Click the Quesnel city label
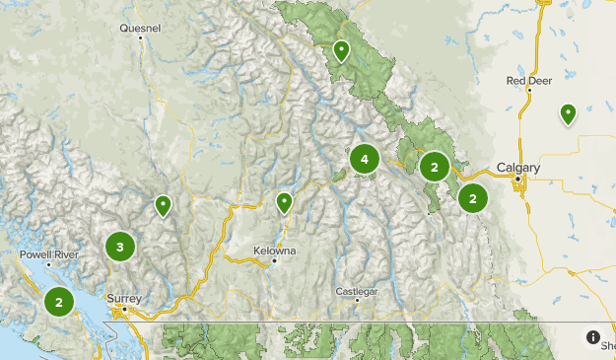[x=139, y=29]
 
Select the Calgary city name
[x=518, y=169]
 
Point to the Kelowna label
[x=275, y=251]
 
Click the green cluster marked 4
[x=365, y=159]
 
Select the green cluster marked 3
[x=120, y=247]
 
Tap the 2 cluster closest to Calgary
[x=473, y=198]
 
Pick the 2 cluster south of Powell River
[x=59, y=302]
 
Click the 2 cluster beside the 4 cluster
[x=434, y=167]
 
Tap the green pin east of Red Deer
[x=568, y=114]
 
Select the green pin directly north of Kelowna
[x=284, y=203]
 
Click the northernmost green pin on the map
[x=341, y=50]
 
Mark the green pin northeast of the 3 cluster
[x=163, y=205]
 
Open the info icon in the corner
[x=593, y=337]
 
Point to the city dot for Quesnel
[x=142, y=39]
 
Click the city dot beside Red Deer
[x=529, y=91]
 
